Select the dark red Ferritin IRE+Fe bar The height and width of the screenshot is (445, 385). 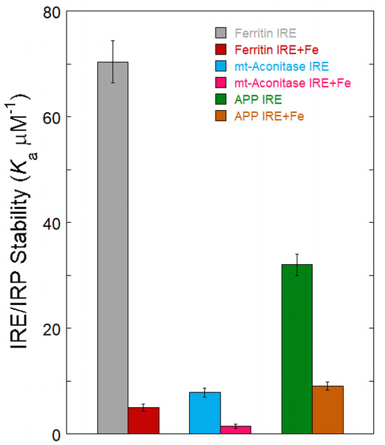coord(143,420)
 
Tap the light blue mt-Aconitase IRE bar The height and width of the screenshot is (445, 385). coord(204,413)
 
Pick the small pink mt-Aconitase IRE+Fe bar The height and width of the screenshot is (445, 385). coord(235,430)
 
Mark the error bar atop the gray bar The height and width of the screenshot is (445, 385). coord(113,62)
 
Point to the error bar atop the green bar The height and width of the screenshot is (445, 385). coord(297,264)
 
